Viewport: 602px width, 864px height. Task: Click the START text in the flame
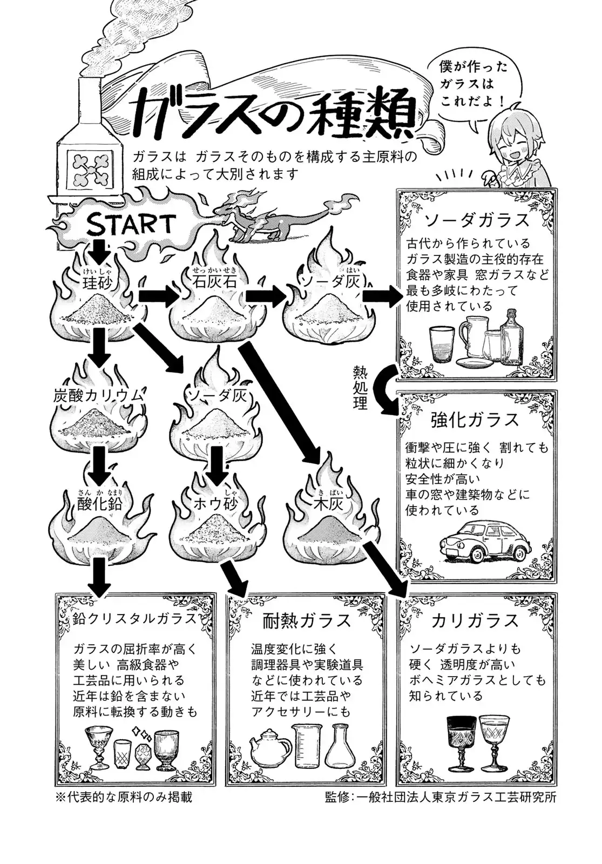point(131,224)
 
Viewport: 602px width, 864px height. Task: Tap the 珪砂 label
point(98,282)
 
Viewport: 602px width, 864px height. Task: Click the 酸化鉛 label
point(99,503)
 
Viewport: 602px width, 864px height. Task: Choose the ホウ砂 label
point(217,503)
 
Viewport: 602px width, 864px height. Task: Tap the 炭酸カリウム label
point(99,395)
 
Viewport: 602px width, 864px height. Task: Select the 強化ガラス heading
point(475,420)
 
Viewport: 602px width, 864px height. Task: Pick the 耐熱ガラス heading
point(307,620)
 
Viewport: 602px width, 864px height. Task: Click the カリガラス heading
point(475,620)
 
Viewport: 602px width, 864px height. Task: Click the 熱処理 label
point(360,387)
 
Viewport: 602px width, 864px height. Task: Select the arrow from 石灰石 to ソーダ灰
point(266,296)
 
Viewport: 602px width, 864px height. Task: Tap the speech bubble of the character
point(466,85)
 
